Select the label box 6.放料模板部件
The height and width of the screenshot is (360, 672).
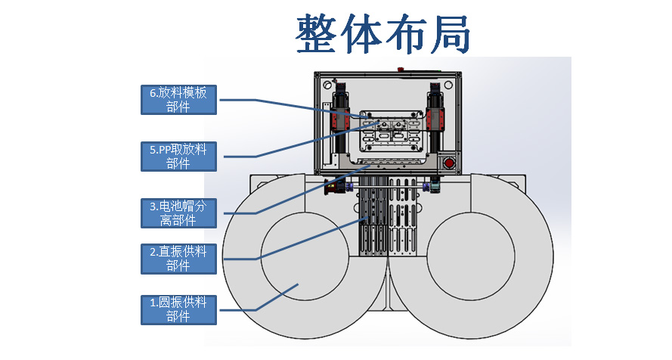tap(179, 99)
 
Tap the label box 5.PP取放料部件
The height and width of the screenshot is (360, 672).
tap(178, 157)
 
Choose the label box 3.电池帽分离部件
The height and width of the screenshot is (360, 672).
tap(178, 213)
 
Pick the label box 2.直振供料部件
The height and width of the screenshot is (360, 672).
tap(178, 258)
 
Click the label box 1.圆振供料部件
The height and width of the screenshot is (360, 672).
tap(178, 309)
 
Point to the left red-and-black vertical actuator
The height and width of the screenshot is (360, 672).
tap(339, 113)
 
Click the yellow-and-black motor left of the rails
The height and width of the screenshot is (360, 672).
tap(333, 187)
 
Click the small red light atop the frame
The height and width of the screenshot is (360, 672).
tap(401, 69)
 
